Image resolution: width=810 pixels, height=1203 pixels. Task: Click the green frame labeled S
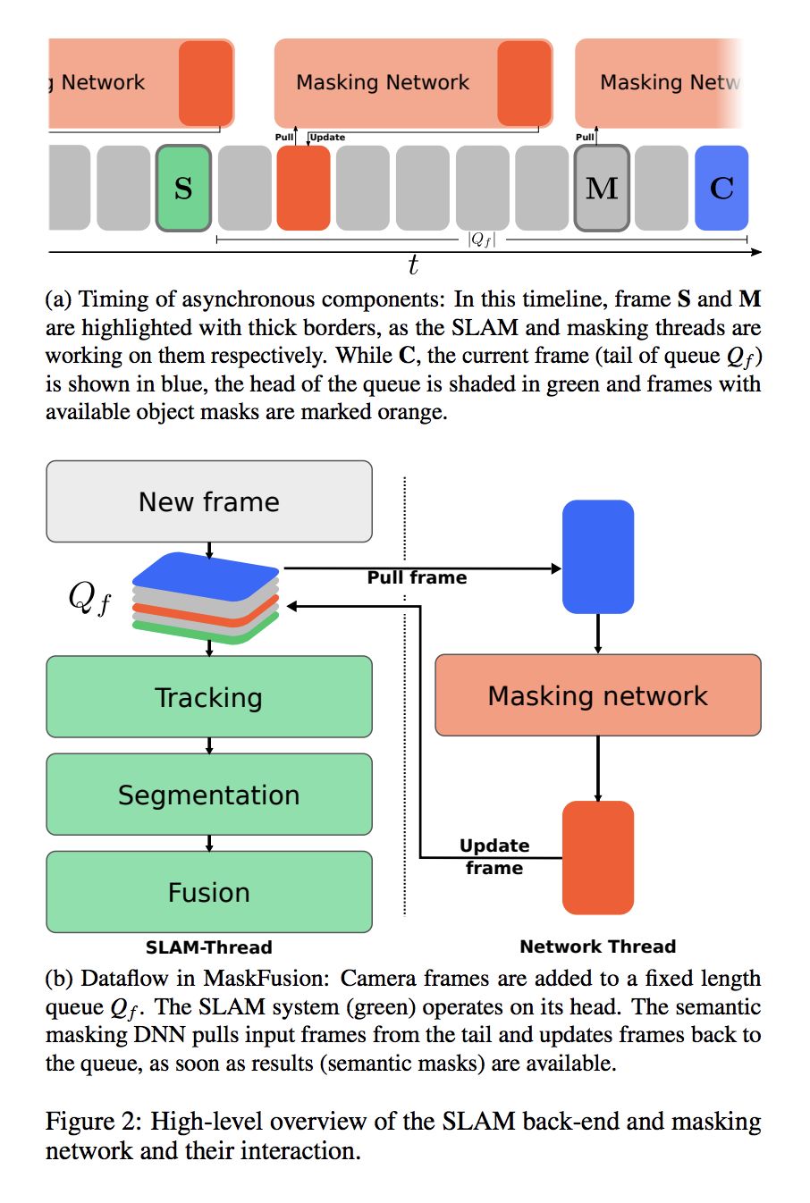(183, 188)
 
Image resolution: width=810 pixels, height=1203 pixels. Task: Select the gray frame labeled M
(602, 188)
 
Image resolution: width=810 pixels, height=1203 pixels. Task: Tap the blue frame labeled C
(721, 188)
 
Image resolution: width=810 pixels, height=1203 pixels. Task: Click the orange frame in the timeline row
(303, 188)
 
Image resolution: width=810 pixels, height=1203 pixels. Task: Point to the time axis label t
(412, 265)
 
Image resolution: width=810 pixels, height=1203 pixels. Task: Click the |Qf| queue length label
(481, 240)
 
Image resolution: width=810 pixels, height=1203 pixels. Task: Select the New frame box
(209, 501)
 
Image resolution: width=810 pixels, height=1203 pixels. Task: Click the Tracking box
(209, 697)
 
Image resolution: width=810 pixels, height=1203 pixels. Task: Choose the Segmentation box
(209, 795)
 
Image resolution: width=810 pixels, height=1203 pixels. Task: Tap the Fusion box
(209, 892)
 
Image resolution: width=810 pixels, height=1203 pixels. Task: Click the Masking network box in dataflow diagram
(597, 695)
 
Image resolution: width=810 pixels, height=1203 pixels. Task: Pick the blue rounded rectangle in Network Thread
(597, 557)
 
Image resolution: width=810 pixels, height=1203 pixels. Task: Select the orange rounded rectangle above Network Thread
(597, 857)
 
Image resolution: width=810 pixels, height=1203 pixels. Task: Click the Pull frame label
(417, 578)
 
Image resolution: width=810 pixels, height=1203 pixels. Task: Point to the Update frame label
(494, 856)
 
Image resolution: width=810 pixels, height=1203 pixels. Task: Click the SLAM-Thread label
(209, 947)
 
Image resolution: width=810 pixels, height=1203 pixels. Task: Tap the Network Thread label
(597, 946)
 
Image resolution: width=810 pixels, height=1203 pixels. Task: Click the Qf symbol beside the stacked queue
(89, 597)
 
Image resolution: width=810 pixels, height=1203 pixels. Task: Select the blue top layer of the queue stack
(206, 572)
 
